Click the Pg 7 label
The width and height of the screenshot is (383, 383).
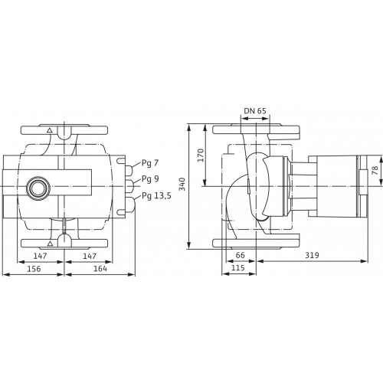[x=152, y=164]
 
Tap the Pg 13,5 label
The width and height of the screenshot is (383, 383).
[x=155, y=197]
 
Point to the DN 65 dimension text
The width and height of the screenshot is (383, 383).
[x=255, y=111]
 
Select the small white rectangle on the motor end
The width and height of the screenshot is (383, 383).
[x=362, y=185]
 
